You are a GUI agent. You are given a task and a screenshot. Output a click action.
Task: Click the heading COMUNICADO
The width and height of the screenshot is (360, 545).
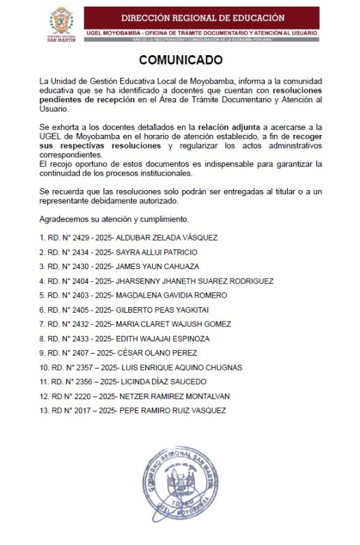tap(181, 59)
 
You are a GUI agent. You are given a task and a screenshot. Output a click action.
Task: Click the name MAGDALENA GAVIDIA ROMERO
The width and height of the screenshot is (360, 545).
tap(171, 295)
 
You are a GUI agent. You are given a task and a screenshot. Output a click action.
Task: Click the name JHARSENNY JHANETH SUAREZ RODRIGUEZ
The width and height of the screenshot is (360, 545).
tap(196, 280)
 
